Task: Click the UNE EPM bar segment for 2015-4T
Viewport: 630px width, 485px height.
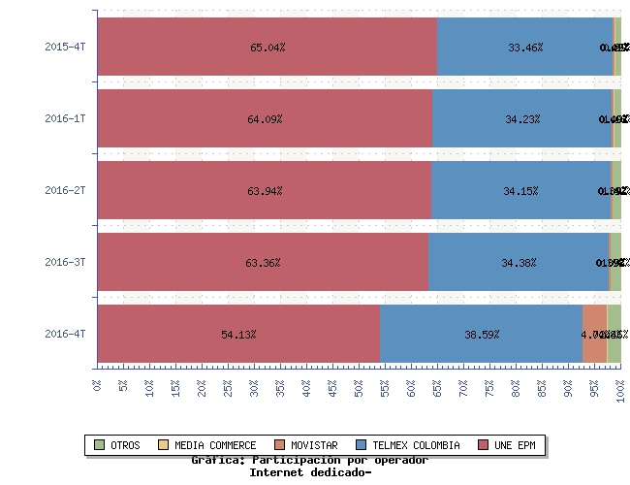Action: [x=268, y=47]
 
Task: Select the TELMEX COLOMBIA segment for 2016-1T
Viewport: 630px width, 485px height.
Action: [x=521, y=118]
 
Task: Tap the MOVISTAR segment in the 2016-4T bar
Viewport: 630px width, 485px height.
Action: [x=594, y=334]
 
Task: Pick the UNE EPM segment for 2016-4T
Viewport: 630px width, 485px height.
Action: [x=238, y=334]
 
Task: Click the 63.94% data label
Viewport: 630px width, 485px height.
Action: [x=265, y=191]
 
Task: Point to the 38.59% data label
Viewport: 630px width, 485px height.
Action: [x=482, y=335]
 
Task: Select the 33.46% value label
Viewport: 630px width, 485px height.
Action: [x=524, y=48]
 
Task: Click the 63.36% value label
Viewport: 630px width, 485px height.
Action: [x=263, y=263]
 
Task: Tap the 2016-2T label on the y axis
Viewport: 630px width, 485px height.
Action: [x=65, y=190]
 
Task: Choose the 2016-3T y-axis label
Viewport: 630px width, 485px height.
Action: [x=65, y=262]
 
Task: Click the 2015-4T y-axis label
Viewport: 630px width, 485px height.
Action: [x=65, y=47]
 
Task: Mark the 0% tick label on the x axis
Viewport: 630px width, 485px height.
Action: [x=98, y=385]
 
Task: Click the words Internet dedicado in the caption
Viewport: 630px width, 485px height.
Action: [x=309, y=472]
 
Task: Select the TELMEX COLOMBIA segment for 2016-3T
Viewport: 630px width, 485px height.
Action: [x=518, y=262]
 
